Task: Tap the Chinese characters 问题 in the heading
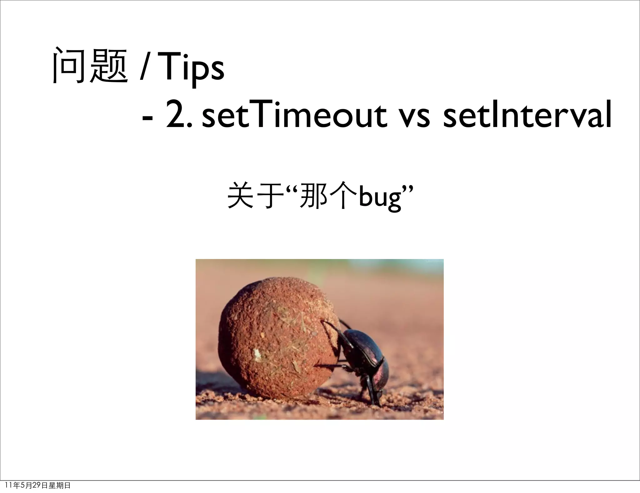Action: tap(90, 66)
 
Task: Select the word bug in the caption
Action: tap(380, 198)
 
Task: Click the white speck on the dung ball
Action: tap(257, 354)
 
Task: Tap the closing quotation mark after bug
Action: tap(408, 190)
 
